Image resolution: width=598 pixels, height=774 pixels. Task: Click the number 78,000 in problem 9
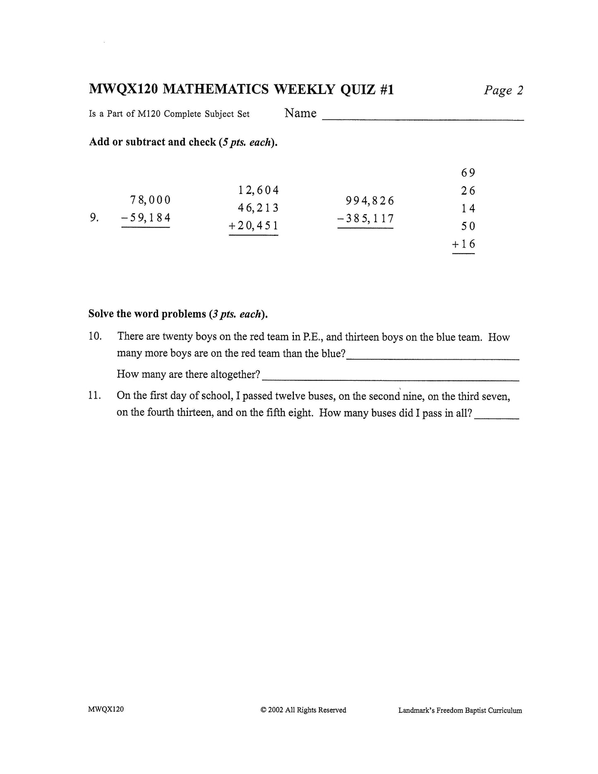point(150,200)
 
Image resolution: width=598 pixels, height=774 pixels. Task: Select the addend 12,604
point(258,190)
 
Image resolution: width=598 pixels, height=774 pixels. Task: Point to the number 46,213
point(258,208)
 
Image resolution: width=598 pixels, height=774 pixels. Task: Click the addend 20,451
point(258,226)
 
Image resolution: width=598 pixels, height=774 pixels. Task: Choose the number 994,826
point(370,201)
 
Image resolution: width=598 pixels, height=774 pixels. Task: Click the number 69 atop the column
point(468,173)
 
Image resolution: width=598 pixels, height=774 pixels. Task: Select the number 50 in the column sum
point(468,226)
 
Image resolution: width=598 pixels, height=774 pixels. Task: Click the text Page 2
point(503,90)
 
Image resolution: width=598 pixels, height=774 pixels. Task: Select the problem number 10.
point(95,336)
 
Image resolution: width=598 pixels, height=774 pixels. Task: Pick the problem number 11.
point(95,395)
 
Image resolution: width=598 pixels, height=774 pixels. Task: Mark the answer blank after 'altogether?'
point(390,377)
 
